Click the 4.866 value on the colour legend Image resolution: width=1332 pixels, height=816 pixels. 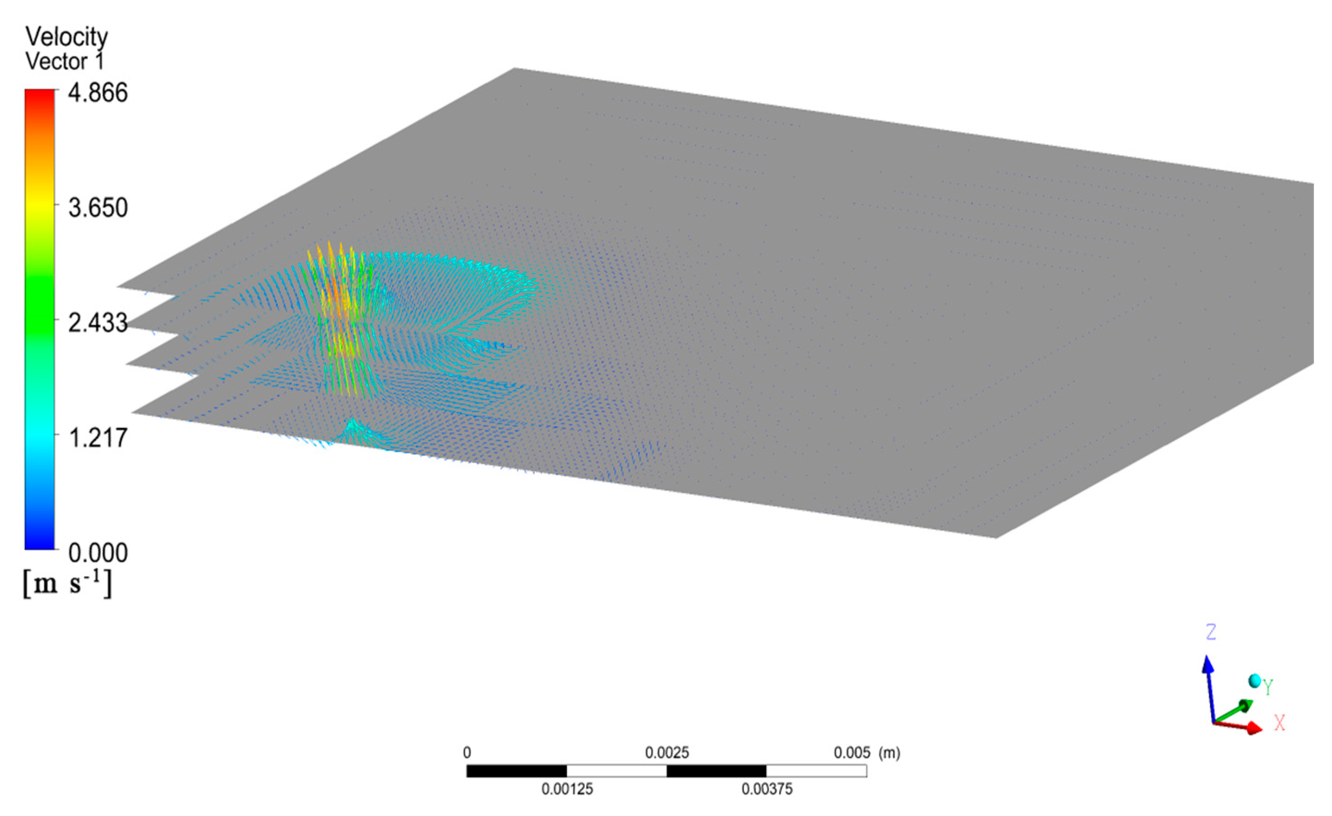click(98, 93)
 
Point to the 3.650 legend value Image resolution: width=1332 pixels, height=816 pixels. click(98, 208)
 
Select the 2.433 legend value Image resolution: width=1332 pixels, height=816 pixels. click(98, 323)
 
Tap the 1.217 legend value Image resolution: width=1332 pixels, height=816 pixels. click(98, 438)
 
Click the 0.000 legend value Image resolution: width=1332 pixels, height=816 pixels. click(98, 553)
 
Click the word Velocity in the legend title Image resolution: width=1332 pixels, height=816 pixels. click(67, 37)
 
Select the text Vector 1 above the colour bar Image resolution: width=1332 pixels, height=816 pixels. click(64, 62)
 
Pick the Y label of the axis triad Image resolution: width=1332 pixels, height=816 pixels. click(1268, 687)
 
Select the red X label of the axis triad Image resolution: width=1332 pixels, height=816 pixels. click(1279, 723)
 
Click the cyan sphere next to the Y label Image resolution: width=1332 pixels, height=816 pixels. click(1255, 681)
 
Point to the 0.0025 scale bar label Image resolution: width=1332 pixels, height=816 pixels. click(667, 753)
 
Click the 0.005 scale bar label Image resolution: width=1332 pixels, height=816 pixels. click(852, 753)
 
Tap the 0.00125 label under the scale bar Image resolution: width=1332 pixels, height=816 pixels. click(567, 790)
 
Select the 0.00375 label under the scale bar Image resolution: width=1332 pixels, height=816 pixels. click(767, 790)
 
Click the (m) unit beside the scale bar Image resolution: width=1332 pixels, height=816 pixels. click(889, 753)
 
